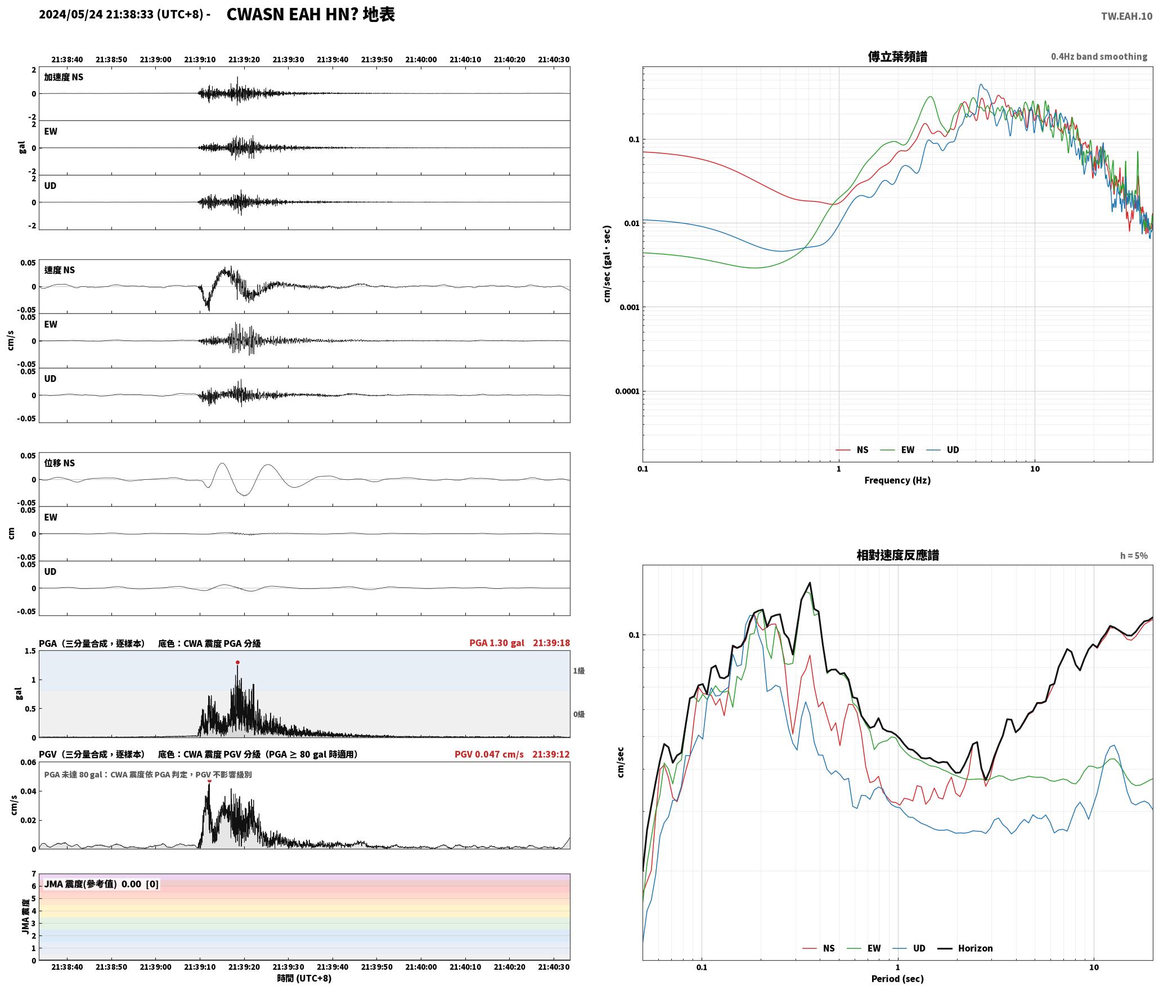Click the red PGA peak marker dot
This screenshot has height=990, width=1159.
[x=237, y=662]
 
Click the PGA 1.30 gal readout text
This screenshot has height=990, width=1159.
[x=497, y=643]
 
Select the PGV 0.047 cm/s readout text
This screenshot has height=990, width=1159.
[x=489, y=754]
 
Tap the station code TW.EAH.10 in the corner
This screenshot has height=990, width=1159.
[x=1126, y=16]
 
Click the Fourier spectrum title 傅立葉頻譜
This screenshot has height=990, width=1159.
[x=897, y=57]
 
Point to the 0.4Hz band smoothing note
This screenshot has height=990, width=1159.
[x=1099, y=57]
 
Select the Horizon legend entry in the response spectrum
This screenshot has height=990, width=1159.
[x=965, y=948]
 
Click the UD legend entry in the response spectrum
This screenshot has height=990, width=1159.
[x=909, y=948]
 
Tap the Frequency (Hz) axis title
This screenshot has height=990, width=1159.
[x=897, y=480]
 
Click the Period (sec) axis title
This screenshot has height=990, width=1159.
[x=897, y=979]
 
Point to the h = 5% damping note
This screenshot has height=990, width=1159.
[x=1134, y=556]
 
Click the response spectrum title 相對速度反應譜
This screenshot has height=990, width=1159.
[x=897, y=555]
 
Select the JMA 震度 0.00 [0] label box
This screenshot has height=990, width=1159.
[x=101, y=884]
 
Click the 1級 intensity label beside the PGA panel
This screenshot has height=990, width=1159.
[x=579, y=670]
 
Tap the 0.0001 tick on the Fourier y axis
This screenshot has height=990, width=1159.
[x=627, y=391]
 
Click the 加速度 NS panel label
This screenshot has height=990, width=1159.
[x=64, y=77]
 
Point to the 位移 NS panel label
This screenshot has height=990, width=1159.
[x=60, y=463]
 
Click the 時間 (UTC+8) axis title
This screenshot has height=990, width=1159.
[x=304, y=979]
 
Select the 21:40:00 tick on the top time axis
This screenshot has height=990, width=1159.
[x=421, y=60]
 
